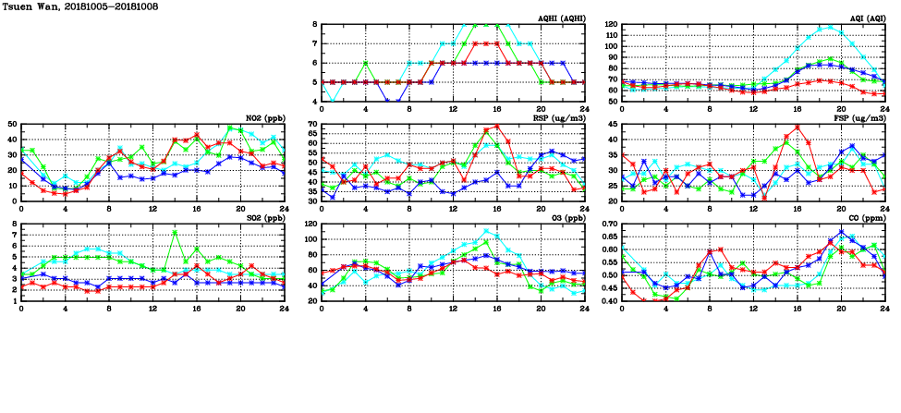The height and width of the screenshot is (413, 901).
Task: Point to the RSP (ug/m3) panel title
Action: point(559,118)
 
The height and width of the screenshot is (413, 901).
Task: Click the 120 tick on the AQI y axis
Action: point(610,24)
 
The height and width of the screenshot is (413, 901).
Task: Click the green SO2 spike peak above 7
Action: point(175,232)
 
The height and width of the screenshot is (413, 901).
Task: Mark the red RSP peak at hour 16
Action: point(497,127)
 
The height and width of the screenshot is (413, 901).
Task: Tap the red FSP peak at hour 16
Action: point(798,128)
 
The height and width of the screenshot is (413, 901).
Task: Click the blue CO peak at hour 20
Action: point(841,232)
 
